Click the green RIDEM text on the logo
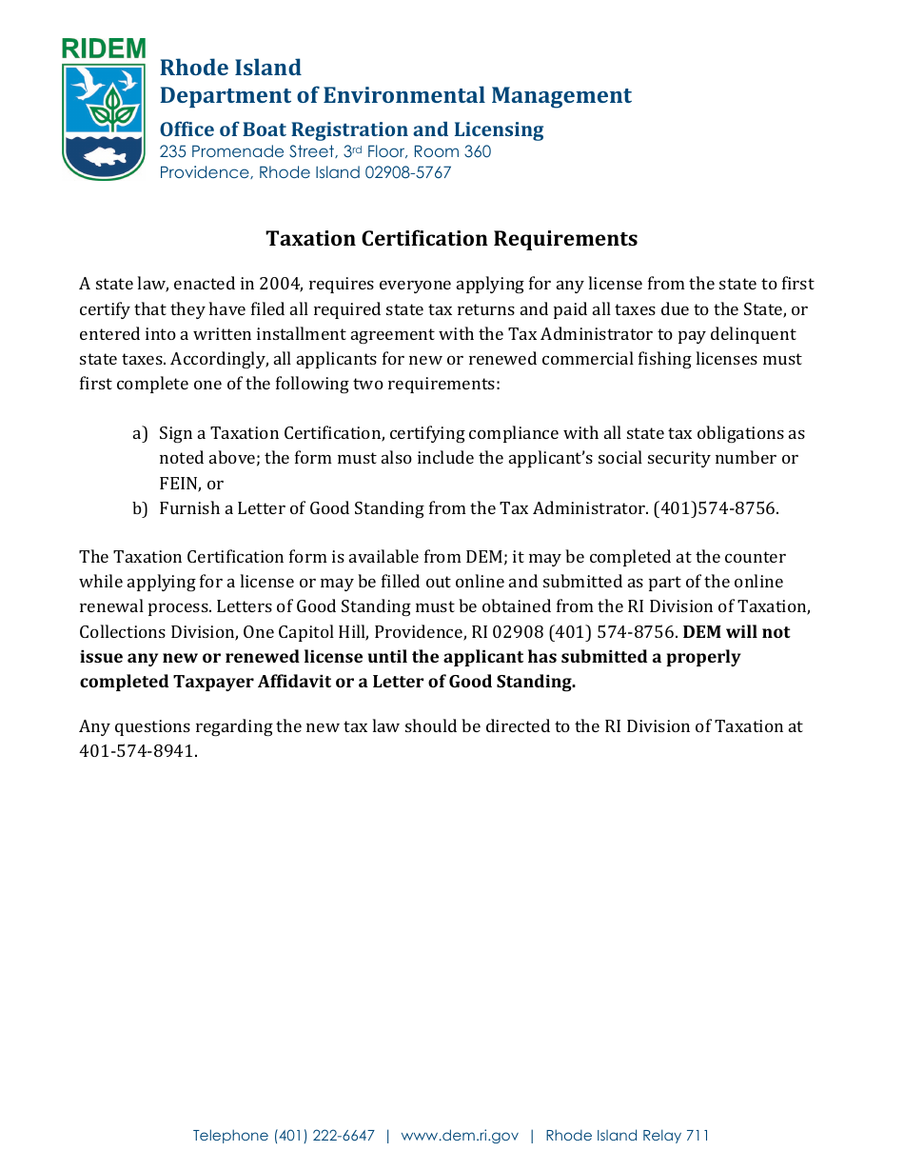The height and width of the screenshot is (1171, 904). (104, 50)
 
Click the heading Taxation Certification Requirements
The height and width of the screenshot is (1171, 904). (451, 238)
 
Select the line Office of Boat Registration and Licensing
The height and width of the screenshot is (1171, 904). (351, 129)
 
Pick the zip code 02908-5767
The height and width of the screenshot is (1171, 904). (407, 172)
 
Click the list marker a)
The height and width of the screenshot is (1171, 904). (140, 434)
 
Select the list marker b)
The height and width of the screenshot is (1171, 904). (140, 508)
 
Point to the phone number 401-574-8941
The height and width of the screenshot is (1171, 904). (138, 750)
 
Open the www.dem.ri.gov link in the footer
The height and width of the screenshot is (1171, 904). (460, 1136)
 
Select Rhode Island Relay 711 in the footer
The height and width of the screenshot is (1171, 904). (627, 1136)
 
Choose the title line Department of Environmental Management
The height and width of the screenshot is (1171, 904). (395, 95)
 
